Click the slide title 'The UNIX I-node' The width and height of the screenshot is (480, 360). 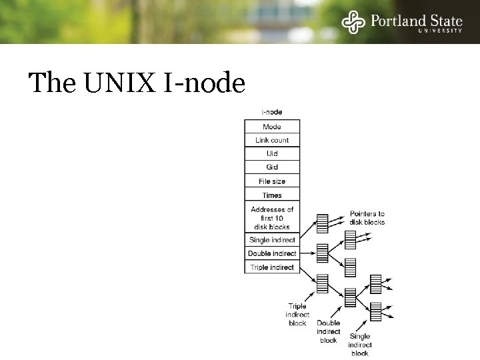[137, 83]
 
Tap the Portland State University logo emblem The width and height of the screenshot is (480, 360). [353, 23]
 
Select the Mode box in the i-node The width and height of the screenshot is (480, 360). [272, 127]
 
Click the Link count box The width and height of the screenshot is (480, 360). [272, 140]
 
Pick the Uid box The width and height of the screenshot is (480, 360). [272, 153]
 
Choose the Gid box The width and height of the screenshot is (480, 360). [272, 167]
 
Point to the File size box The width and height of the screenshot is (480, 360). [272, 181]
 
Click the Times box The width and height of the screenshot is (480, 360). [272, 195]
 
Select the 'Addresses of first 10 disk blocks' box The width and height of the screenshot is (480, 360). [272, 217]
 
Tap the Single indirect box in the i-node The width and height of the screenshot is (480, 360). [272, 240]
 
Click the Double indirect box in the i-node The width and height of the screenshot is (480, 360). [272, 253]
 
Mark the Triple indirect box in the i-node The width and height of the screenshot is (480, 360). [272, 267]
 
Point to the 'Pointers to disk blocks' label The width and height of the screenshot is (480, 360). [367, 218]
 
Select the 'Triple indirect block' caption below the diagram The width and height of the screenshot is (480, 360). [297, 315]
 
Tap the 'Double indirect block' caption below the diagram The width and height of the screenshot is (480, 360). [329, 331]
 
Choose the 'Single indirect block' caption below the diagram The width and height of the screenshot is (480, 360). [360, 345]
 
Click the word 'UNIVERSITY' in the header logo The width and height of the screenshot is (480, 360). [440, 31]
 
